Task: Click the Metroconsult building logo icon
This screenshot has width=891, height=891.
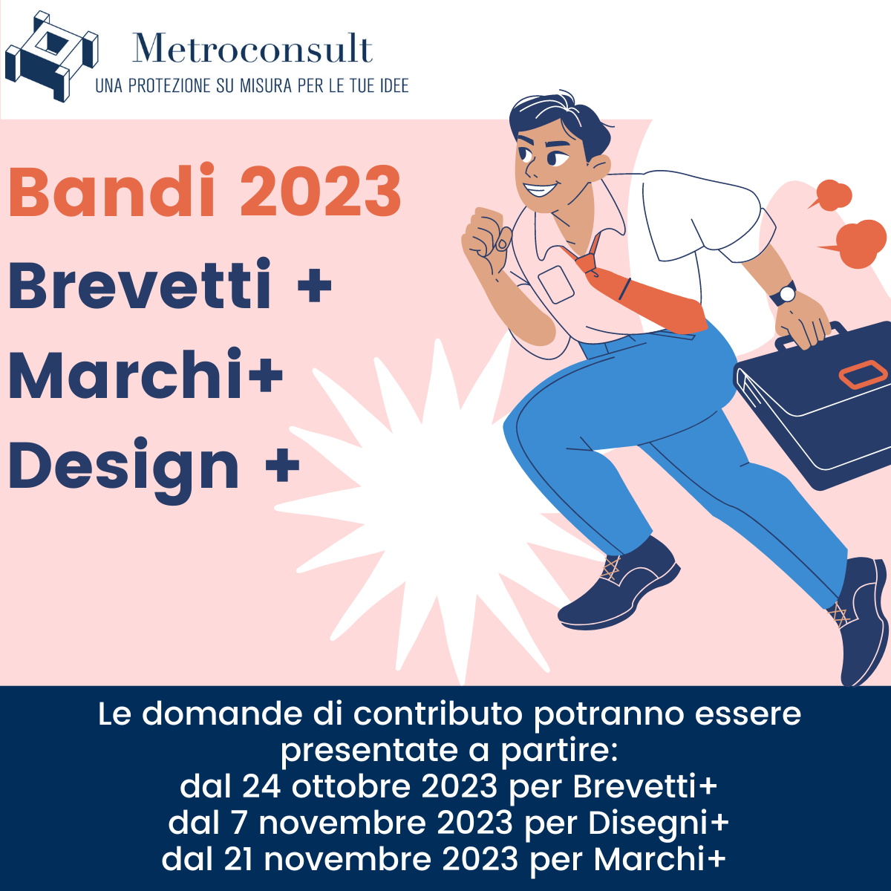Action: pyautogui.click(x=51, y=56)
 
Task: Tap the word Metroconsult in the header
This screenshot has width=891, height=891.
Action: pyautogui.click(x=252, y=48)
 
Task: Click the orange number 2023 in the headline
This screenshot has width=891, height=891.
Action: pyautogui.click(x=321, y=191)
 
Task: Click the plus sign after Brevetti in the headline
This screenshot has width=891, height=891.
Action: pyautogui.click(x=315, y=284)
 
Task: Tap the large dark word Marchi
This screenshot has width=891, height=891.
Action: pyautogui.click(x=125, y=373)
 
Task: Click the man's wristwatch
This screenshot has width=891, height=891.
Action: pyautogui.click(x=784, y=293)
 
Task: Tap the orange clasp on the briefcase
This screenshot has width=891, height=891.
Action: pyautogui.click(x=863, y=374)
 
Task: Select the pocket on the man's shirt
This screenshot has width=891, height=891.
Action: pyautogui.click(x=556, y=284)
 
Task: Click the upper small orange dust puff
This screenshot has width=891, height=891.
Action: pyautogui.click(x=832, y=195)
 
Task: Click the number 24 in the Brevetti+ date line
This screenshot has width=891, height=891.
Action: pyautogui.click(x=261, y=786)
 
